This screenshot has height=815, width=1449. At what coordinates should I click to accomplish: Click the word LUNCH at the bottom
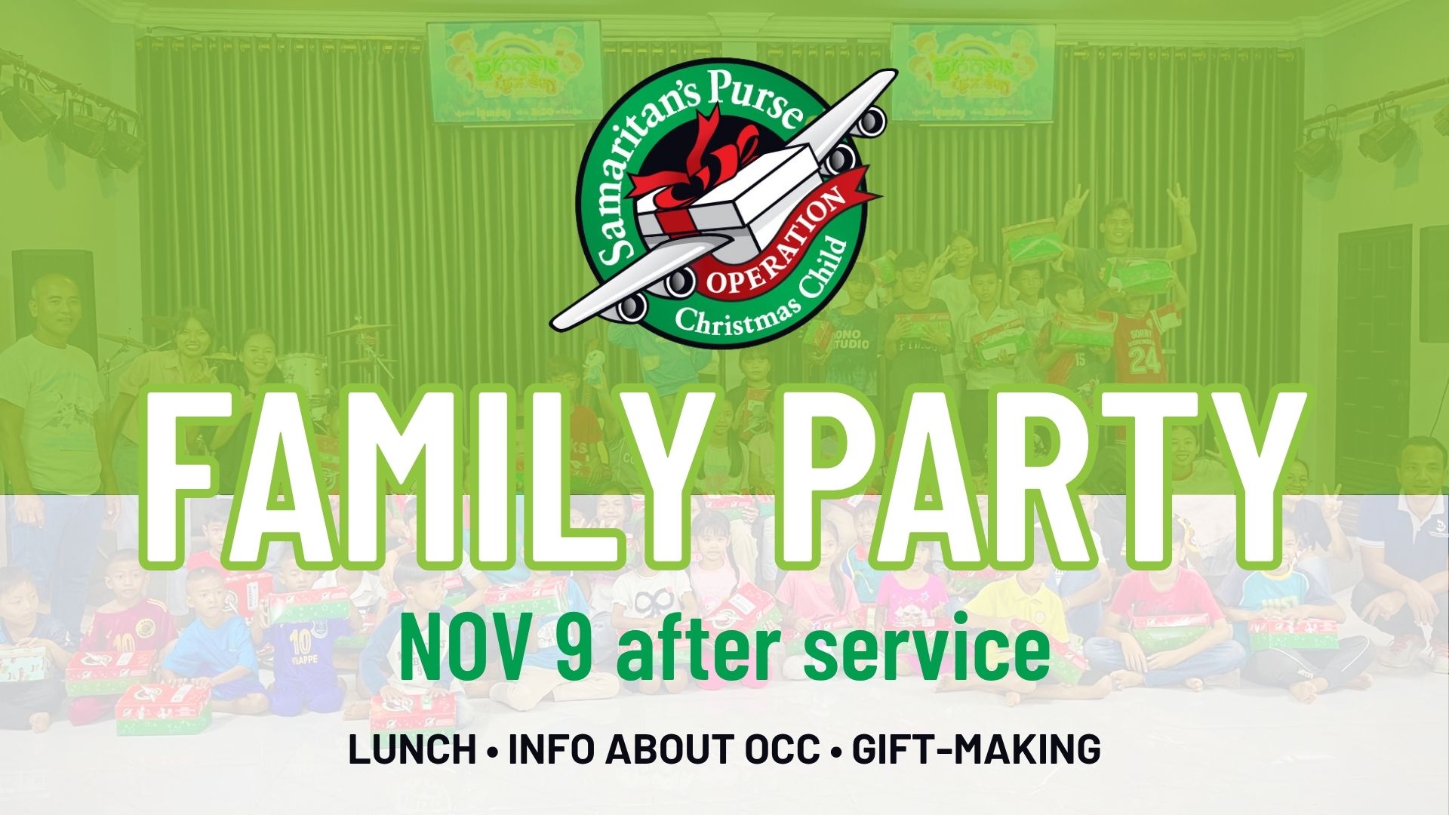coord(412,749)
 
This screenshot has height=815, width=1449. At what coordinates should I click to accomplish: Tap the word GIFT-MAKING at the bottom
coord(976,749)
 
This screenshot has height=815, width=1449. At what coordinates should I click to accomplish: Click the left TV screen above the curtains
coord(514,72)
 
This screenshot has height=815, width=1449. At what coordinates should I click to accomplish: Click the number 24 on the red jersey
coord(1144,359)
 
